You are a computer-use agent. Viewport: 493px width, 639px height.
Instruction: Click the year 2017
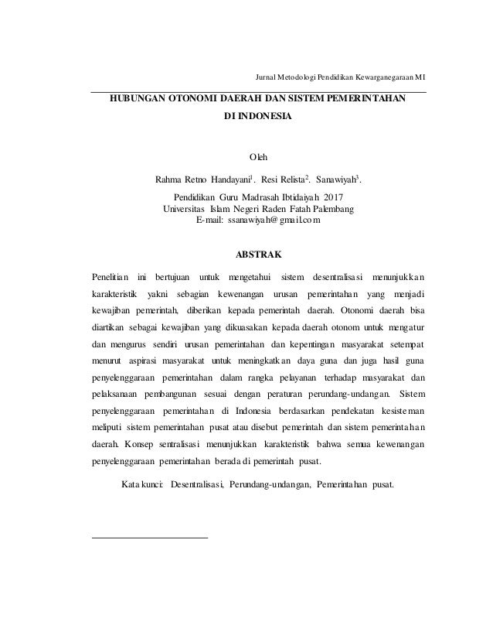click(x=334, y=197)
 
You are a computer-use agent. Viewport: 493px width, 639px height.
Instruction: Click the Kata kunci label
click(x=142, y=485)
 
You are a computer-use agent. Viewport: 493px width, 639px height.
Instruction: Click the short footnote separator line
click(x=150, y=535)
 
